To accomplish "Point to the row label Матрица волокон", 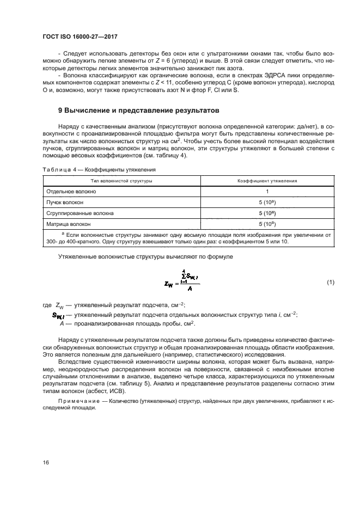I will pyautogui.click(x=68, y=223).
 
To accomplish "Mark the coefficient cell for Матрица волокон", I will pyautogui.click(x=267, y=223).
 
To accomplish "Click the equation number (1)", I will pyautogui.click(x=330, y=283).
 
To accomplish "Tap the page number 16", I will pyautogui.click(x=47, y=462).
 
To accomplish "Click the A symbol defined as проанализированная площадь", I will pyautogui.click(x=61, y=324).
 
